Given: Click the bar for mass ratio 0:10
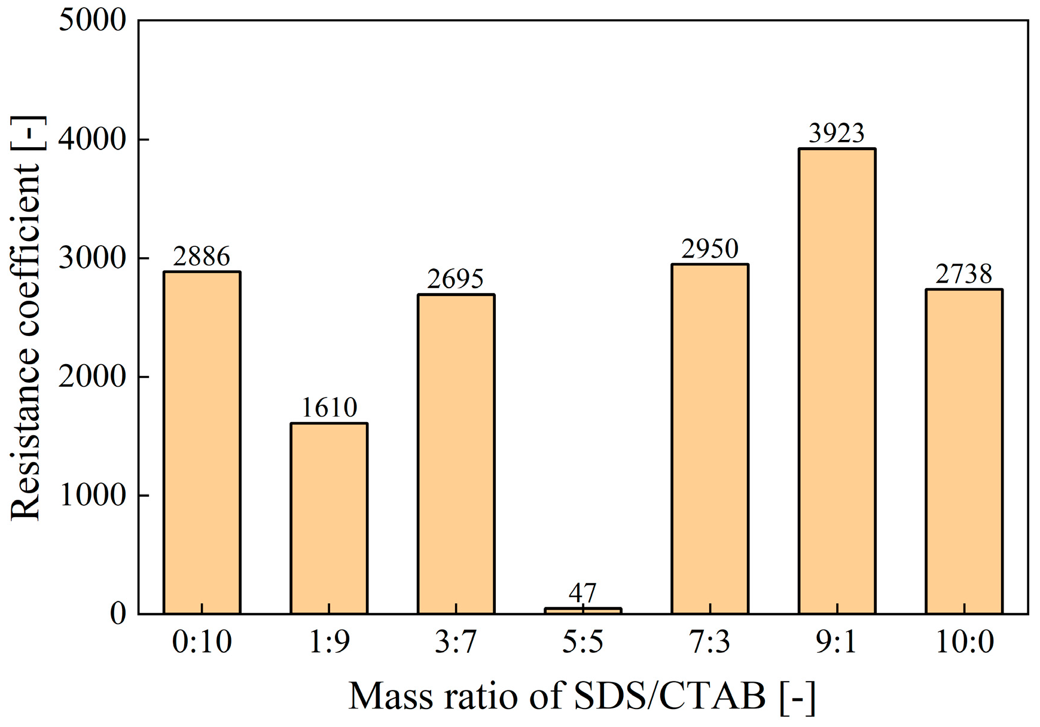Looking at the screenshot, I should tap(202, 442).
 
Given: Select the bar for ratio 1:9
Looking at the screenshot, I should tap(329, 518).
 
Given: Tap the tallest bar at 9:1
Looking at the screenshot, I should tap(837, 381).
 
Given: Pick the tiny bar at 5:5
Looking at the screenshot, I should tap(583, 610).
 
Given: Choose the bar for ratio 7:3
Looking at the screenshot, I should tap(710, 439).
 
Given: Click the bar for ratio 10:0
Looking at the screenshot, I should tap(964, 451).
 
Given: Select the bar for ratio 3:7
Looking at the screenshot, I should tap(456, 454).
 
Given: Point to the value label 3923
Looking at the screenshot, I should tap(837, 133).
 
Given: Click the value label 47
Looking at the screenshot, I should tap(583, 593).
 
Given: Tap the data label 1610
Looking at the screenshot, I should tap(329, 408).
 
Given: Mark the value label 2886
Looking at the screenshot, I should tap(202, 256).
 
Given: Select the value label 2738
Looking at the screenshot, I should tap(964, 274).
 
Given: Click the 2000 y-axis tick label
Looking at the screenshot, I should tap(93, 377).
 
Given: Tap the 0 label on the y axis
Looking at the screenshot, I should tap(118, 614).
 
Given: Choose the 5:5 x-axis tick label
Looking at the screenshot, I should tap(583, 642).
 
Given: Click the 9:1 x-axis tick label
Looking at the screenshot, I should tap(837, 642).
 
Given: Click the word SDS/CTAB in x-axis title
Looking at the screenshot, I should tap(670, 696).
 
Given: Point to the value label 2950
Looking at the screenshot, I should tap(710, 249).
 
